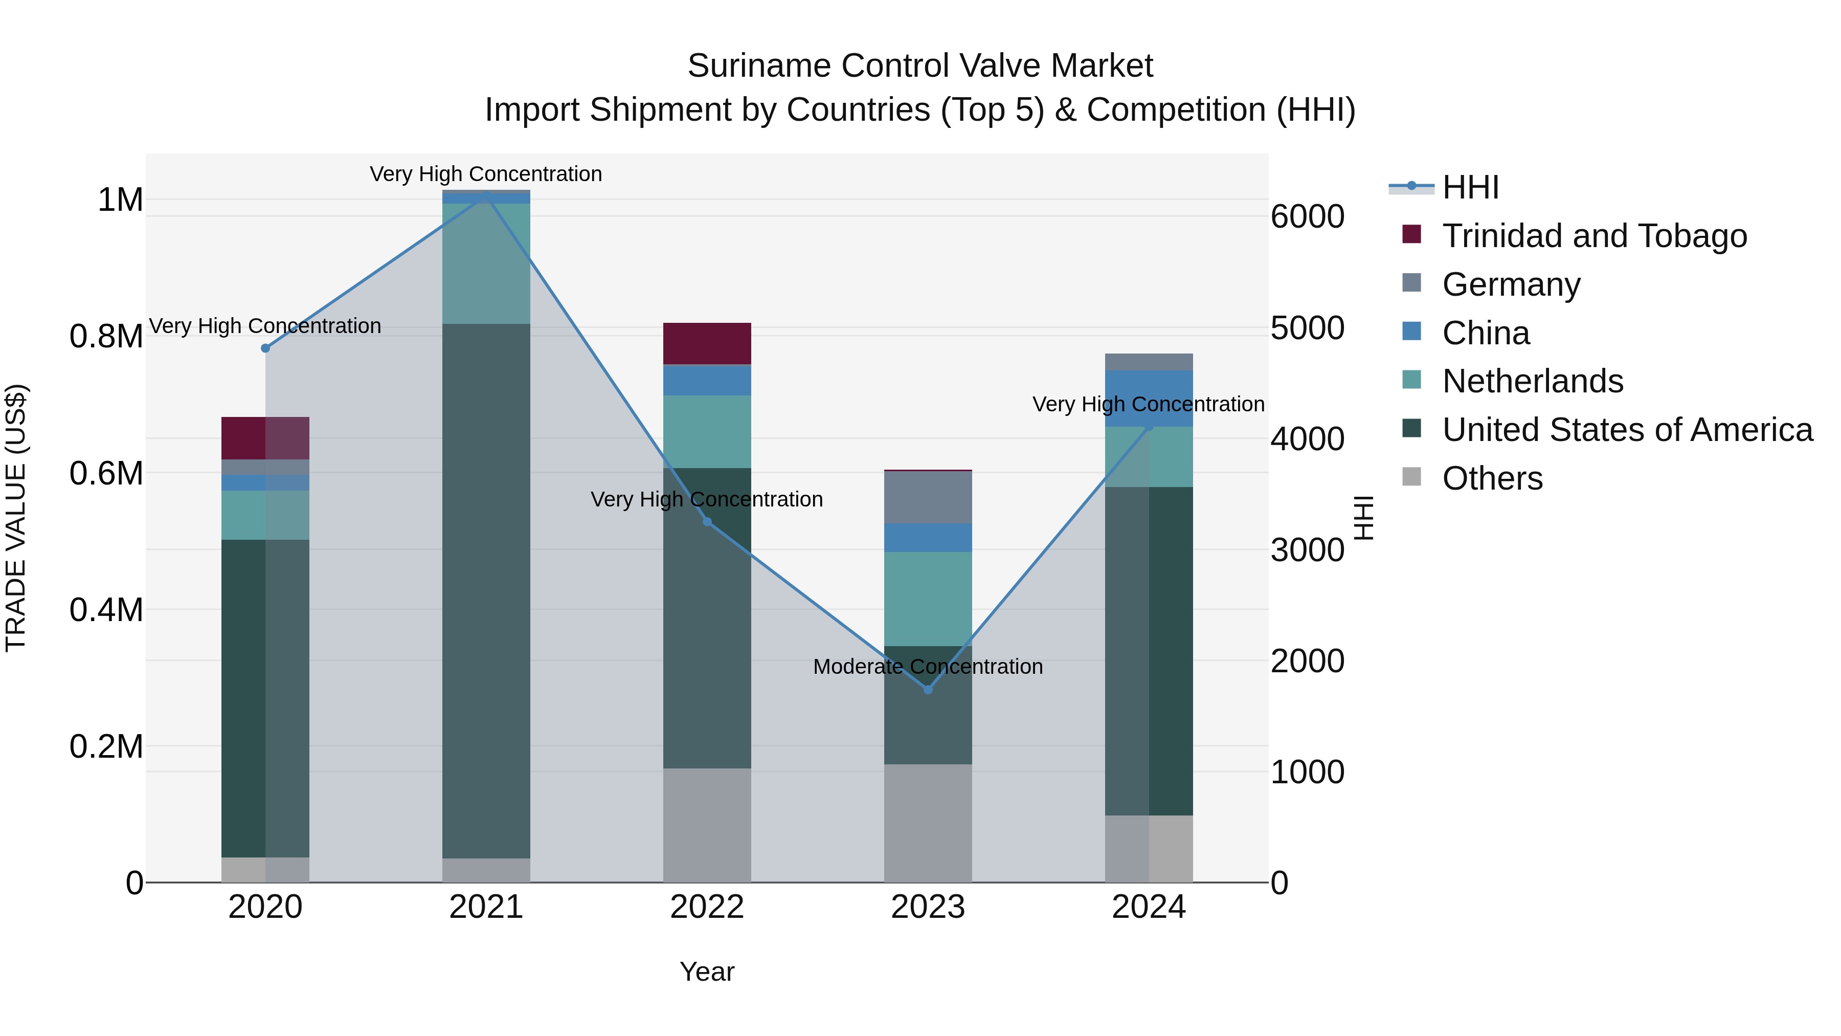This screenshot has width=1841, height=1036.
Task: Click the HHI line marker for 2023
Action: pos(928,689)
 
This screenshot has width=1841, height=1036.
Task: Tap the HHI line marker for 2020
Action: pos(265,348)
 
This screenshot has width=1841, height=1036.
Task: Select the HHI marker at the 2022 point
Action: pos(707,521)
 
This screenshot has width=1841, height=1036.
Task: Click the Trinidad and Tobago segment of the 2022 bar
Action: pos(707,343)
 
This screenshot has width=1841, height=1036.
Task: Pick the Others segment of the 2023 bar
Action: pos(928,822)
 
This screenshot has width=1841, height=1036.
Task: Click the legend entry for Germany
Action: pos(1510,284)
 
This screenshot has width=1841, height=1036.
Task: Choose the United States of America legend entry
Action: pos(1627,430)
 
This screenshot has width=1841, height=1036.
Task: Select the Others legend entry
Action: pos(1492,478)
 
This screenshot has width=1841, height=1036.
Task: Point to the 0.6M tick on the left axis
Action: pos(106,473)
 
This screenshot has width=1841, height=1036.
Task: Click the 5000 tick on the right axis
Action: pos(1307,328)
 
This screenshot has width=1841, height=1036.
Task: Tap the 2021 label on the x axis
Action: pos(486,907)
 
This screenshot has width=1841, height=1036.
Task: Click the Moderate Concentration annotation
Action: pos(928,666)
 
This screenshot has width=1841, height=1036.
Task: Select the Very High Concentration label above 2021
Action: pos(486,174)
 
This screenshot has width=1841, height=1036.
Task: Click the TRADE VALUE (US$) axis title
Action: pos(16,518)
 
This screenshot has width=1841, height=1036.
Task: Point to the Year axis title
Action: pos(707,972)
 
